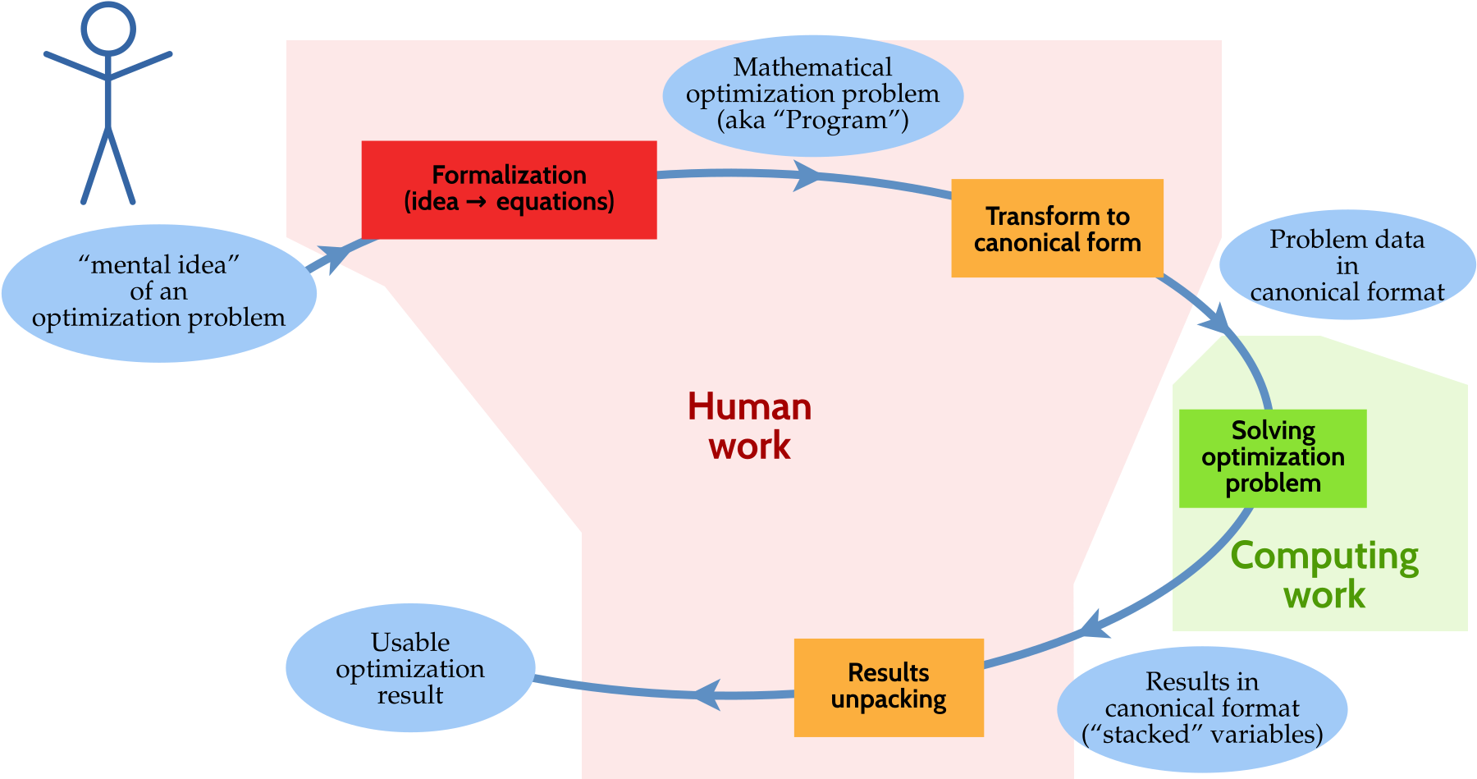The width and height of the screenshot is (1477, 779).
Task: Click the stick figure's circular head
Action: (x=108, y=28)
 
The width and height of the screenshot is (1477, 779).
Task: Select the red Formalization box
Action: (x=509, y=190)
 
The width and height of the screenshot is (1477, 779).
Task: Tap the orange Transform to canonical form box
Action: (x=1057, y=228)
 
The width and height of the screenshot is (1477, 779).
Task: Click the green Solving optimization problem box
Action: (x=1273, y=458)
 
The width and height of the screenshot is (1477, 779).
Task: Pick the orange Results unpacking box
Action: (x=889, y=687)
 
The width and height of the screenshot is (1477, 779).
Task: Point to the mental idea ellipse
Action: (x=158, y=292)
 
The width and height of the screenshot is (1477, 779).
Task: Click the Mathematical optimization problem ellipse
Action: (x=812, y=94)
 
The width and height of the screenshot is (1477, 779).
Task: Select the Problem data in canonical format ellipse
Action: (x=1347, y=265)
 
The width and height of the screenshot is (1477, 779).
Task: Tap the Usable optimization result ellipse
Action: (x=410, y=668)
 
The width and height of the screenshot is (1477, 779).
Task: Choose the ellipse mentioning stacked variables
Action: (x=1202, y=708)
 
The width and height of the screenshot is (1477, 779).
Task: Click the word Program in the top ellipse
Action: (x=835, y=121)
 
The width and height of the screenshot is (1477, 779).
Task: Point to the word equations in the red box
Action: (x=555, y=202)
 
